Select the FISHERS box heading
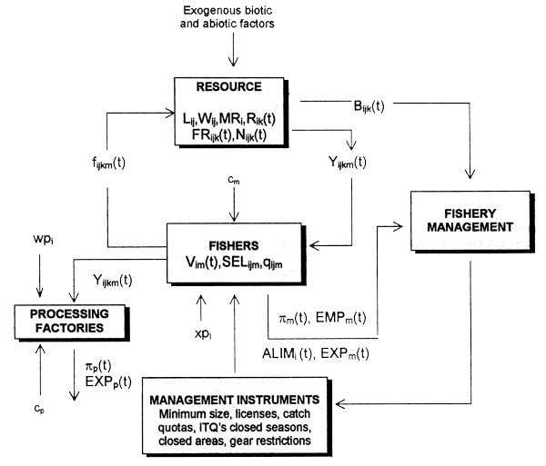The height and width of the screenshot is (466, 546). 238,243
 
